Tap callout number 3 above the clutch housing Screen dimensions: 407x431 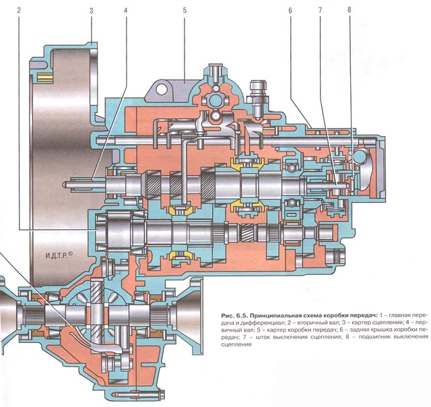[x=90, y=11]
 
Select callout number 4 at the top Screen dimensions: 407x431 [x=125, y=11]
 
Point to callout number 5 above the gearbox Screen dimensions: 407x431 [x=183, y=11]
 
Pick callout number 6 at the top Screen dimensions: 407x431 [x=288, y=11]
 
